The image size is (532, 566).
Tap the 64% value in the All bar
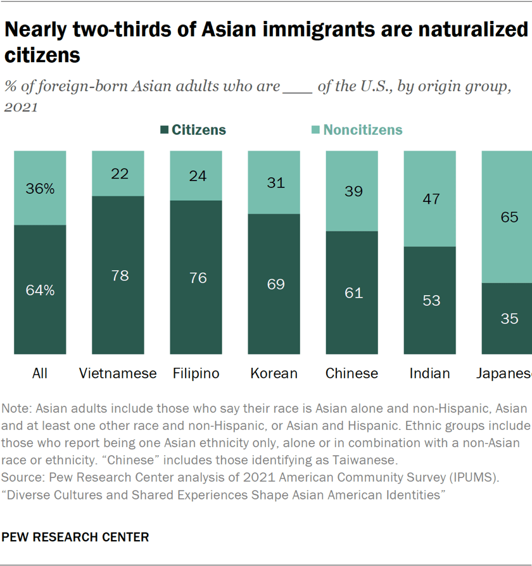tap(40, 290)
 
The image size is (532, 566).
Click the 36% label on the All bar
tap(40, 188)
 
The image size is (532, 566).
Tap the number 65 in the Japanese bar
tap(509, 217)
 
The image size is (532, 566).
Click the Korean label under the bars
tap(274, 374)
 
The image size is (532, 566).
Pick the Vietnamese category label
tap(118, 374)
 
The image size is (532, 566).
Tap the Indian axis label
tap(429, 374)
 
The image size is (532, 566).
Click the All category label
tap(40, 374)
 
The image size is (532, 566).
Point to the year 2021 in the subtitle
tap(22, 106)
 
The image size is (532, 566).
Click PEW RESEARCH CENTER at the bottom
tap(76, 538)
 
